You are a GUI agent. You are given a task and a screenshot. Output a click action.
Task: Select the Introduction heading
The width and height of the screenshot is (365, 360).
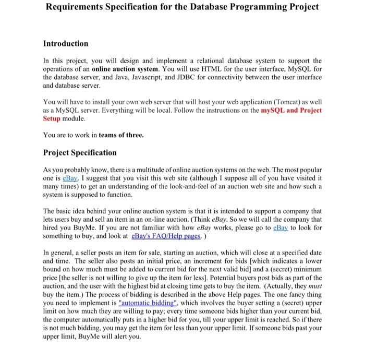coord(65,43)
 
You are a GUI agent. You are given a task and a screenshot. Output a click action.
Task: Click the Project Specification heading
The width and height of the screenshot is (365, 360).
coord(80,152)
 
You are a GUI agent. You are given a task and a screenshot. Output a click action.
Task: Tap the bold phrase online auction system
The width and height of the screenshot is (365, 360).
coord(123,69)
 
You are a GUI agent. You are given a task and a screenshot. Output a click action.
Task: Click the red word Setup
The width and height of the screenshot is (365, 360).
coord(52,118)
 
